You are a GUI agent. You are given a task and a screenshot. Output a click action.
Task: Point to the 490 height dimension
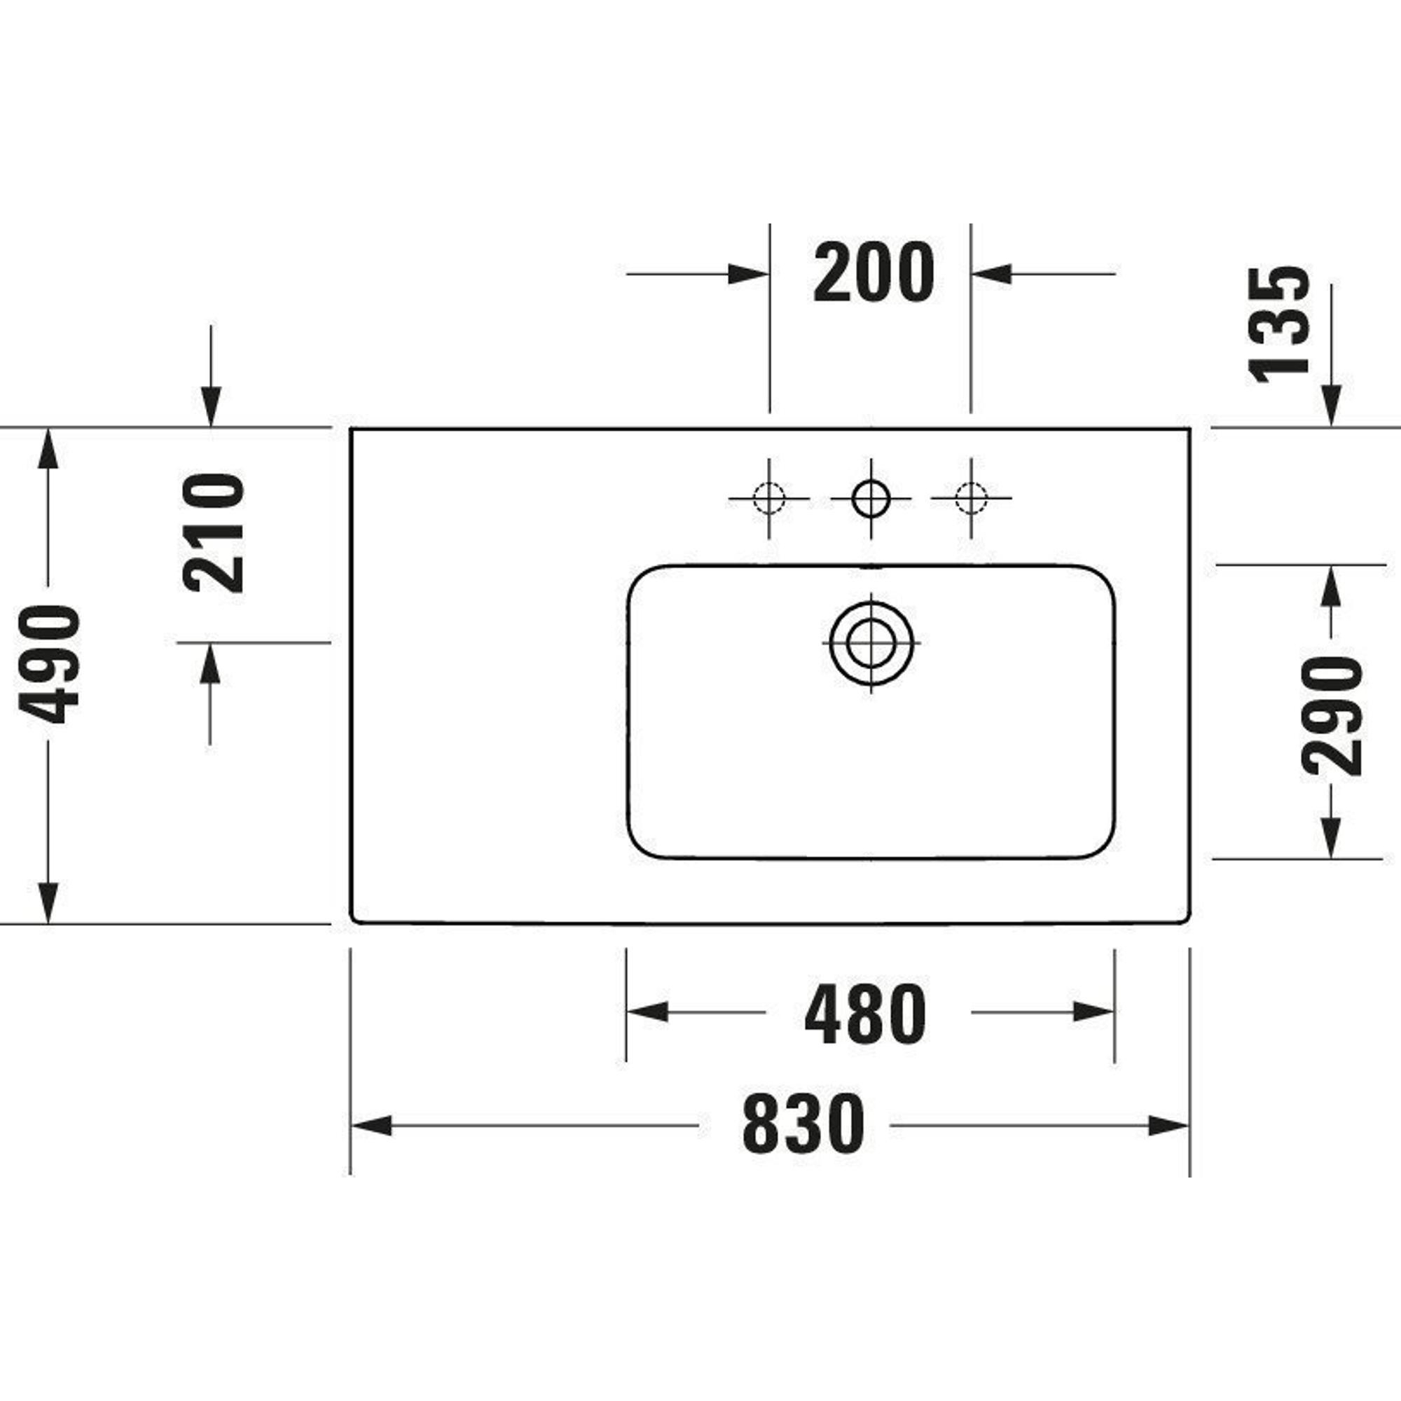click(x=48, y=664)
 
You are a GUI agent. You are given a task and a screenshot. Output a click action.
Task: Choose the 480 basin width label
click(x=865, y=1014)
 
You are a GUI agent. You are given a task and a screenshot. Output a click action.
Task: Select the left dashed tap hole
click(x=768, y=499)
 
